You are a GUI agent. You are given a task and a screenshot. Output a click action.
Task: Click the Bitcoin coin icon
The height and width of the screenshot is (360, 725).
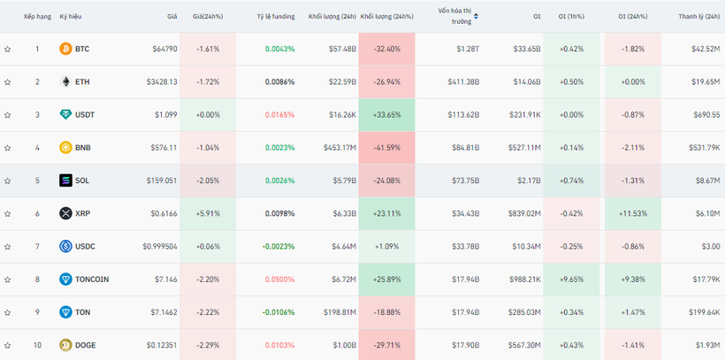click(65, 49)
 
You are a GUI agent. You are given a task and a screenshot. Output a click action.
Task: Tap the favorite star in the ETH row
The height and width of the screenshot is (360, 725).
click(7, 82)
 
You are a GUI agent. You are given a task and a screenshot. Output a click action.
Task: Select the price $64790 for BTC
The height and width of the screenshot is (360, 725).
click(164, 49)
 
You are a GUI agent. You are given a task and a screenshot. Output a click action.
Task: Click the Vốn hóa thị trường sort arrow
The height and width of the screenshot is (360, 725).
click(476, 17)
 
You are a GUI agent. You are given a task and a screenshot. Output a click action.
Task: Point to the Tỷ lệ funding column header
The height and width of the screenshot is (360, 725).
click(276, 17)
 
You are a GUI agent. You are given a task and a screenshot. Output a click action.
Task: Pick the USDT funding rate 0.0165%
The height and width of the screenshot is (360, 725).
click(279, 115)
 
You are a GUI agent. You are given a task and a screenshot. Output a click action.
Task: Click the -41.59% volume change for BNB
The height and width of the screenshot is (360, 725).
click(386, 148)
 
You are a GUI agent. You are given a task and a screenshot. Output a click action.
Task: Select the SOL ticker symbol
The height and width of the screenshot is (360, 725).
click(82, 180)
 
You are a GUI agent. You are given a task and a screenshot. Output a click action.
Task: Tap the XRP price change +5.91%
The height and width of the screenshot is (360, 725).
click(208, 214)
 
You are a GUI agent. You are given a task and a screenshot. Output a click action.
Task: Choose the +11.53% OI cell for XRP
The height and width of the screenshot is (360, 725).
click(632, 214)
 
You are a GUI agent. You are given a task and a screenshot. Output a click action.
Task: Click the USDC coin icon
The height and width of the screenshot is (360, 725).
click(65, 246)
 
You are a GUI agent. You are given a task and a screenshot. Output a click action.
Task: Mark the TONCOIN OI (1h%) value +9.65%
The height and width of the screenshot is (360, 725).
click(571, 280)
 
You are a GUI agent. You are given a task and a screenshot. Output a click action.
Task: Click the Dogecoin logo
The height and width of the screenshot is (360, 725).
click(65, 345)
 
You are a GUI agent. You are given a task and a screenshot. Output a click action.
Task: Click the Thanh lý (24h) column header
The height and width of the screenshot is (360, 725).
click(699, 17)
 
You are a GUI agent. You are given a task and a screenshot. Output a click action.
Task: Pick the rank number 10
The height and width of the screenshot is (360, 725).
click(37, 345)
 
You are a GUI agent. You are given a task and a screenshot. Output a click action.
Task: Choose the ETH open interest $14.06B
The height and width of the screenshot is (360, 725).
click(527, 82)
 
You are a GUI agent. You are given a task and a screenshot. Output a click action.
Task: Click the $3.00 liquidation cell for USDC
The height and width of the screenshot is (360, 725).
click(711, 247)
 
